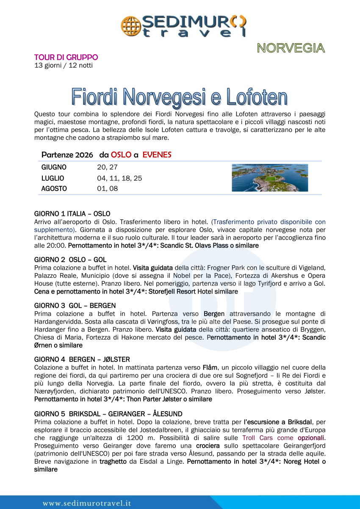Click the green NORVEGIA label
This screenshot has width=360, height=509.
[291, 48]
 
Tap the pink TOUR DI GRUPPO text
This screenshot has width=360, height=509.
[66, 57]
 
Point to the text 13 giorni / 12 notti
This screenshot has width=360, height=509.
[63, 65]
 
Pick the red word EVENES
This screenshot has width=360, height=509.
[157, 155]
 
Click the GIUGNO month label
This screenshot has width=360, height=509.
[54, 167]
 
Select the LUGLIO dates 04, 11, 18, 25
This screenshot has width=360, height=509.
[119, 178]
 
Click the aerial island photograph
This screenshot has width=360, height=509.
[270, 178]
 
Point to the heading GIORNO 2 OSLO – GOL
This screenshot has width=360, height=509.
[70, 260]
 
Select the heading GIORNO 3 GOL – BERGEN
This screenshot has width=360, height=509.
[75, 305]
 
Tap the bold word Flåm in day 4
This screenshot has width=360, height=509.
[210, 367]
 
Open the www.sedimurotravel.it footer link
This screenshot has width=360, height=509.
[87, 503]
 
